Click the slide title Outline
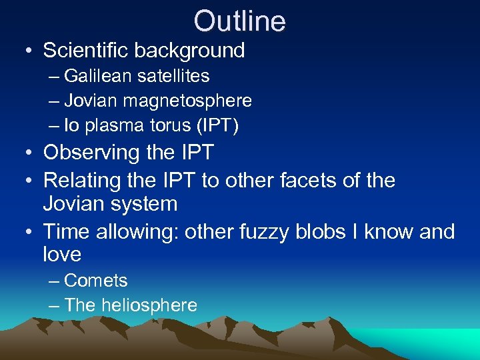(239, 21)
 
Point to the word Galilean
(99, 77)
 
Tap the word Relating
(82, 180)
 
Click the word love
(62, 254)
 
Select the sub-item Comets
(95, 281)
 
